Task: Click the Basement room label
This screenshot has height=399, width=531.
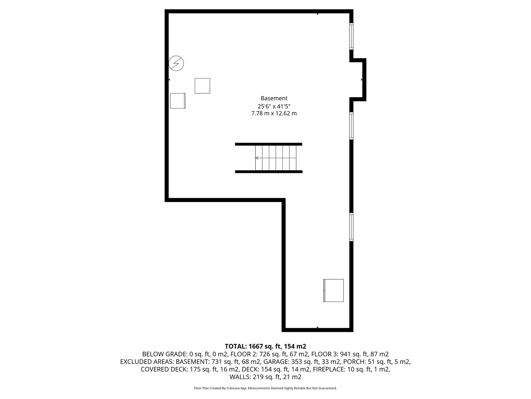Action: click(x=274, y=98)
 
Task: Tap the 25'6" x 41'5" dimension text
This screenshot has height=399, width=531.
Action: click(x=274, y=106)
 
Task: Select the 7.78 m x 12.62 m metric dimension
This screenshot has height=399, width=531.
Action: click(x=274, y=113)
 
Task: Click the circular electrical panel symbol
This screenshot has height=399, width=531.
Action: click(x=176, y=64)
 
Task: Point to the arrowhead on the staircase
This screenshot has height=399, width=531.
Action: click(x=257, y=158)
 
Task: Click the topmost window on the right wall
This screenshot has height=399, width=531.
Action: click(x=351, y=36)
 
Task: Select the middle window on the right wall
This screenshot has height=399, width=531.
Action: click(x=351, y=126)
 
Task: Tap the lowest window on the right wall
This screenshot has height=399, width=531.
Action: click(x=351, y=227)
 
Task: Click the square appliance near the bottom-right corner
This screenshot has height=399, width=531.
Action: click(x=334, y=290)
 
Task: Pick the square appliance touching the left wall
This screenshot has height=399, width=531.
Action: click(x=178, y=101)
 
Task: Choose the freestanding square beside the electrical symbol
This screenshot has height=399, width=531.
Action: click(x=202, y=86)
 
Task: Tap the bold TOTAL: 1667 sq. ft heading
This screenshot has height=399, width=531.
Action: click(x=265, y=346)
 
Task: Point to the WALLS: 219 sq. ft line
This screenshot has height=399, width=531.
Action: click(x=265, y=377)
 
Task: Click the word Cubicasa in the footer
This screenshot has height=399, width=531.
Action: click(x=233, y=388)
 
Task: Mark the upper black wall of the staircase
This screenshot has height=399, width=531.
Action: click(x=268, y=144)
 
